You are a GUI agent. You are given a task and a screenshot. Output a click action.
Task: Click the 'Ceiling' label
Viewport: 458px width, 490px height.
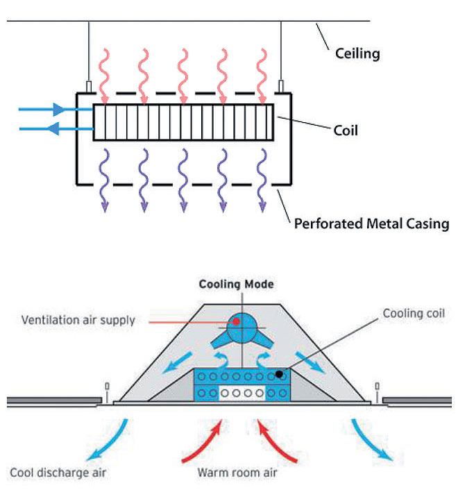[357, 53]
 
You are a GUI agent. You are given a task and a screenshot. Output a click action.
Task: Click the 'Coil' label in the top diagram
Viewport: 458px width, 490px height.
[346, 130]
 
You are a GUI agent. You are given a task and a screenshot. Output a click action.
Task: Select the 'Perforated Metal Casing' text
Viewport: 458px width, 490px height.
[371, 224]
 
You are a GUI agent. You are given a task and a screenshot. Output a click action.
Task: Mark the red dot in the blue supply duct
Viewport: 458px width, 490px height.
[236, 321]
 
